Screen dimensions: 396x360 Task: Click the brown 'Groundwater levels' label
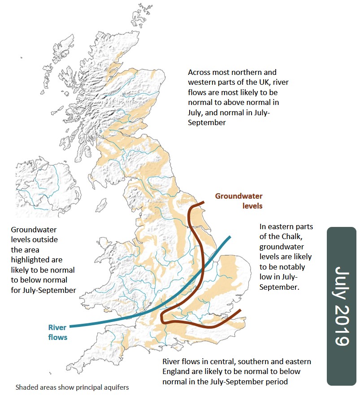pos(239,201)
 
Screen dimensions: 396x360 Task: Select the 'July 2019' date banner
pos(342,306)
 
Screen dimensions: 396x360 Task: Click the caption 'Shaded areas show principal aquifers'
pos(72,387)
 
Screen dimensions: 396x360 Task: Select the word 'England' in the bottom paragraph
pos(176,371)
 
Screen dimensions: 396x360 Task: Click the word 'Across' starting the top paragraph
pos(199,72)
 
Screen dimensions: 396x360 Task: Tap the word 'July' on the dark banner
pos(342,282)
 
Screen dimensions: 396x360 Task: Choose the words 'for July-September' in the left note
pos(43,290)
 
